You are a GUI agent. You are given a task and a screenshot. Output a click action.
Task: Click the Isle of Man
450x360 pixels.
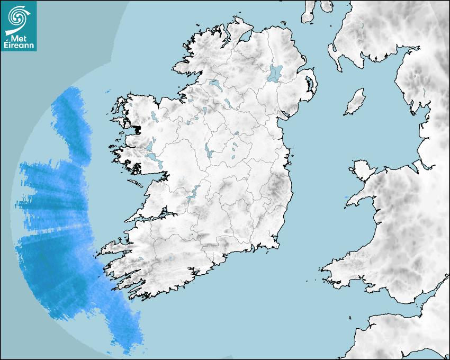pyautogui.click(x=355, y=102)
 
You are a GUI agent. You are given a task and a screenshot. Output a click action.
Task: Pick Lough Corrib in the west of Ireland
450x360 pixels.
pyautogui.click(x=153, y=158)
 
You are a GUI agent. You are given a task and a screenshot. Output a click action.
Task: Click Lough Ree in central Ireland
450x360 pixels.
pyautogui.click(x=208, y=152)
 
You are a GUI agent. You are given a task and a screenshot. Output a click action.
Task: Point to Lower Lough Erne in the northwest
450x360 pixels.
pyautogui.click(x=215, y=85)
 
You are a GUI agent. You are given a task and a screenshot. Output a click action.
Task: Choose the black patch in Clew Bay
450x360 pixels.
pyautogui.click(x=138, y=128)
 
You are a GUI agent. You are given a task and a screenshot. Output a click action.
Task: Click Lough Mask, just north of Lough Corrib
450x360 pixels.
pyautogui.click(x=150, y=145)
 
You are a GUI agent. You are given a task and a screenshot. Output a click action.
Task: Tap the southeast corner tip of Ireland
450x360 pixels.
pyautogui.click(x=277, y=245)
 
